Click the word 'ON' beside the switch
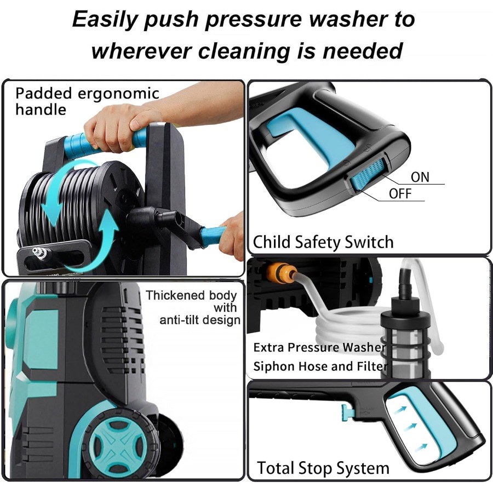(420, 177)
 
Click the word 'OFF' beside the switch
(400, 193)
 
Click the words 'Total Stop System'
(323, 468)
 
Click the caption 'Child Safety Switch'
(323, 242)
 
